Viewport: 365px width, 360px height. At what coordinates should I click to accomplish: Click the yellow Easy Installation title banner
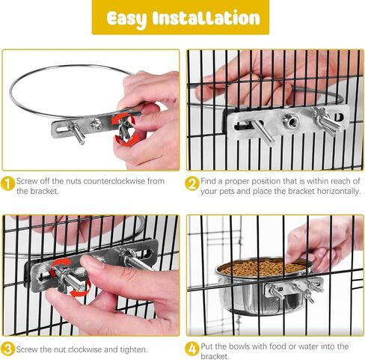tap(180, 17)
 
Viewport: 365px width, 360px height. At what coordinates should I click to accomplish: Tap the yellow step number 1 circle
tap(8, 183)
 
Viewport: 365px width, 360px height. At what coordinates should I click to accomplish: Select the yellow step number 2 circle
tap(192, 183)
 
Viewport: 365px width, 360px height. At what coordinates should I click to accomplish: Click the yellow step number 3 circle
tap(7, 349)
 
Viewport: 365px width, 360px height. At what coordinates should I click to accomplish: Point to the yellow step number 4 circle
tap(192, 349)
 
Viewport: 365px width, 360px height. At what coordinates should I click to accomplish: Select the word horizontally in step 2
tap(339, 192)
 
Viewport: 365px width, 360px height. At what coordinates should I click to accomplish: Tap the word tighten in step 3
tap(134, 350)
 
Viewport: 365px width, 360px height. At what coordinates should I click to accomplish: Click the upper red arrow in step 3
tap(61, 265)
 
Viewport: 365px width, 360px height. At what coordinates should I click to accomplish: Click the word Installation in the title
tap(206, 19)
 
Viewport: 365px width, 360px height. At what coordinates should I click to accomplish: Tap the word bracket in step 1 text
tap(44, 191)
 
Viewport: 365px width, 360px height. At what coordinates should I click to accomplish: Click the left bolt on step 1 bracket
tap(76, 133)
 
